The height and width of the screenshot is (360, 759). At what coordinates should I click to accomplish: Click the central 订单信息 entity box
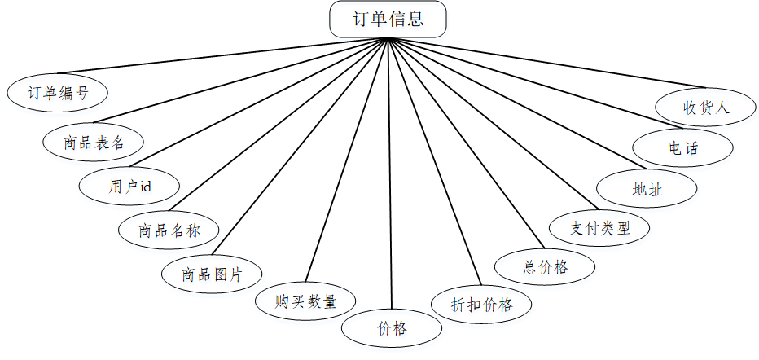coord(388,20)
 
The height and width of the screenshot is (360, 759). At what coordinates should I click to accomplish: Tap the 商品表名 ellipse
coord(94,141)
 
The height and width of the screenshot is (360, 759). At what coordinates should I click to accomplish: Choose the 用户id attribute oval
coord(129,186)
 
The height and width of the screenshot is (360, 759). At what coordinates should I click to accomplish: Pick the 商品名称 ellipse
coord(169,230)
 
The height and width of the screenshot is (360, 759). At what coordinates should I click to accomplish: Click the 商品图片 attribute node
coord(211,273)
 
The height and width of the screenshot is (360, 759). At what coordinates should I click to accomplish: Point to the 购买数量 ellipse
coord(305,301)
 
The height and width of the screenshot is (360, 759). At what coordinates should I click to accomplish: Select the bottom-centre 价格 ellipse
coord(392,328)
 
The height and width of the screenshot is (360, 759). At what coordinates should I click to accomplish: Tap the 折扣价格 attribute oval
coord(482,305)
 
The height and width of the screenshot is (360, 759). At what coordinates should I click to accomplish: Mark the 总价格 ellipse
coord(545,266)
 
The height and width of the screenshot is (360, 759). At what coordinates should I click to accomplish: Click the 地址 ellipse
coord(647,189)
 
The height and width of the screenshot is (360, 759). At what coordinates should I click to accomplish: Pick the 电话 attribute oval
coord(683,148)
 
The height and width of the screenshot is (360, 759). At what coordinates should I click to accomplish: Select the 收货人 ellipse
coord(707,107)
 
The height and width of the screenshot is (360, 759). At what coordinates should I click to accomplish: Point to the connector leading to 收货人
coord(546,63)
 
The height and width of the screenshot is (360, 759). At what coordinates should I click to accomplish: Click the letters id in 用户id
coord(146,187)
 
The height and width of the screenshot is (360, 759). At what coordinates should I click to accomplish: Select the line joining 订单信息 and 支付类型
coord(489,122)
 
